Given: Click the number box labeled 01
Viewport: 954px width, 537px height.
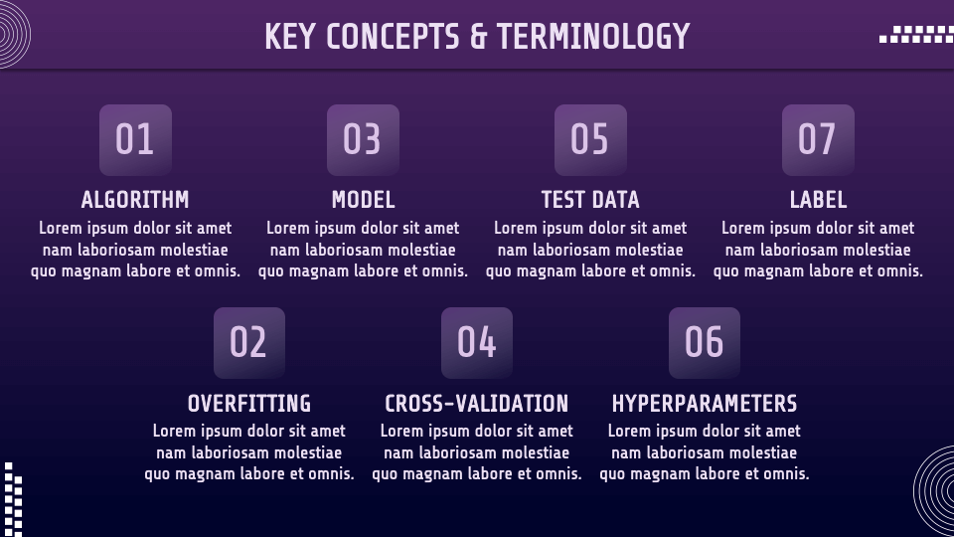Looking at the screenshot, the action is [136, 140].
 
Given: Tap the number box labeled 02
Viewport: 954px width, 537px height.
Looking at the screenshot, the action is [249, 343].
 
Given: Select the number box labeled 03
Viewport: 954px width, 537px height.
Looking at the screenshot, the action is [364, 140].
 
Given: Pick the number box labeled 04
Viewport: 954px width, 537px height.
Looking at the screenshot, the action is [477, 343].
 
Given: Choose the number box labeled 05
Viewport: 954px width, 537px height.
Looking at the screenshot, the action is [590, 140].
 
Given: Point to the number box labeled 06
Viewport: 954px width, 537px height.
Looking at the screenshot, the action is [705, 343].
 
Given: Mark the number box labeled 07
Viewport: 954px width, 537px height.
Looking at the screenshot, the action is [818, 140].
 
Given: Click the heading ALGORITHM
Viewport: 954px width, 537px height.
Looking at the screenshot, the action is [135, 200].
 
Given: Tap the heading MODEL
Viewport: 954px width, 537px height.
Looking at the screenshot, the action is [364, 200].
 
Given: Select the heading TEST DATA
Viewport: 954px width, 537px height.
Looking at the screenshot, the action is [590, 200].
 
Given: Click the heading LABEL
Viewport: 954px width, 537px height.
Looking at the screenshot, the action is [818, 200].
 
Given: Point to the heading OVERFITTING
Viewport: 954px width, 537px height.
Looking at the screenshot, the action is [249, 403].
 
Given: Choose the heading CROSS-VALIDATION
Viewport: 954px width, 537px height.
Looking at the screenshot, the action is [477, 403].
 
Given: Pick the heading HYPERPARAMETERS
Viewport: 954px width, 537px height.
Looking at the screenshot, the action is [705, 403].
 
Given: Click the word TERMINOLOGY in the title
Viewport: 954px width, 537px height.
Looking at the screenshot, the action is [593, 36].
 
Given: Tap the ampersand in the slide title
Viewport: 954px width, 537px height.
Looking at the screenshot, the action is [479, 36].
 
